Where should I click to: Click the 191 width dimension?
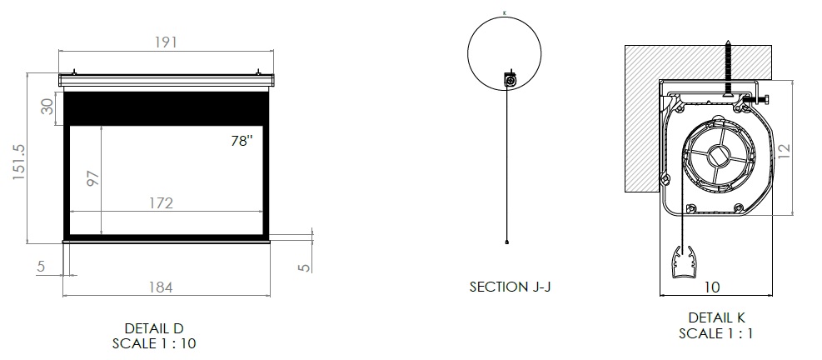point(166,42)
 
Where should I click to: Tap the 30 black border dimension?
point(47,107)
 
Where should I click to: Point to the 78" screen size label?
point(242,141)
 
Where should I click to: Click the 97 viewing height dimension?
point(92,177)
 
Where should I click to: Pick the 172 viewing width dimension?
point(161,203)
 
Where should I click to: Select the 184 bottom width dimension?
point(161,287)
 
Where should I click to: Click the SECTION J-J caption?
point(510,287)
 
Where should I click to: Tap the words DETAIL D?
point(154,328)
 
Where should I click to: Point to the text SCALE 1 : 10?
point(154,343)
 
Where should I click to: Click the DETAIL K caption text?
point(716,317)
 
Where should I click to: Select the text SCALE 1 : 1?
point(716,333)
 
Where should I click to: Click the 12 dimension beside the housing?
point(783,151)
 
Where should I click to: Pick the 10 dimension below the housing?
point(712,287)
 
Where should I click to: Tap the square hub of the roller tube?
point(716,156)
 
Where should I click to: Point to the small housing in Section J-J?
point(510,79)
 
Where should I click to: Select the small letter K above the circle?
point(505,12)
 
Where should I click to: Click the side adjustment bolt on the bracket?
point(758,98)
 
